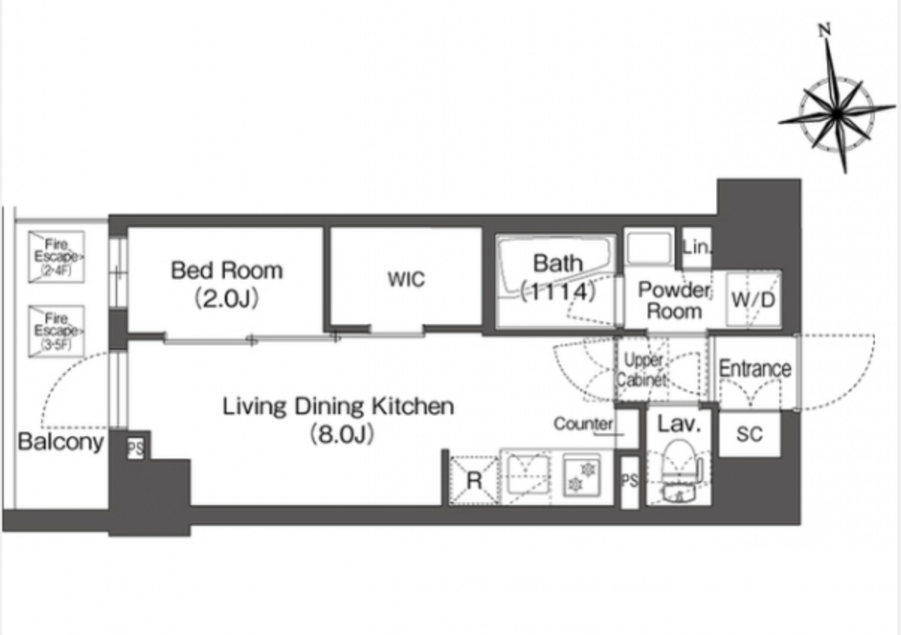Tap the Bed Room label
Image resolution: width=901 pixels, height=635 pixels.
point(227,270)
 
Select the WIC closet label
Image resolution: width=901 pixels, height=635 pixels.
point(406,279)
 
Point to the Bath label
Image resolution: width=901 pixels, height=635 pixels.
point(557,264)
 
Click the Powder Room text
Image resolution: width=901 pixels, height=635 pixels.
point(675,300)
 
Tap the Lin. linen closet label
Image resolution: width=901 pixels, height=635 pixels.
point(697,248)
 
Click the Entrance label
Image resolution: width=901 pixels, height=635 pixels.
point(755,368)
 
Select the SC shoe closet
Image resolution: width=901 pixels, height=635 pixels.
point(749,433)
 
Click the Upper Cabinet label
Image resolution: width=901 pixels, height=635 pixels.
point(643,370)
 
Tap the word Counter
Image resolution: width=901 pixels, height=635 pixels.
point(583,423)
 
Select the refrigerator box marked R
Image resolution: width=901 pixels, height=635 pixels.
point(474,480)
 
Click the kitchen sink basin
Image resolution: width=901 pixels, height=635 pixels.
point(528,476)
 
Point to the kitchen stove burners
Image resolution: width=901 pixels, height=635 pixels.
point(582,474)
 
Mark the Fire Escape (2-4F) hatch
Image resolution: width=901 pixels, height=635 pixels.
point(56,256)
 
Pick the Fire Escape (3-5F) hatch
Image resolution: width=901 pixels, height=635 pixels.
point(56,331)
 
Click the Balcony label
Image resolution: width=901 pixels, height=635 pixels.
point(61,442)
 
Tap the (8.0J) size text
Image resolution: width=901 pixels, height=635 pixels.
point(342,434)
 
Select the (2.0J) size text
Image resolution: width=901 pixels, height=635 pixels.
point(227,298)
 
